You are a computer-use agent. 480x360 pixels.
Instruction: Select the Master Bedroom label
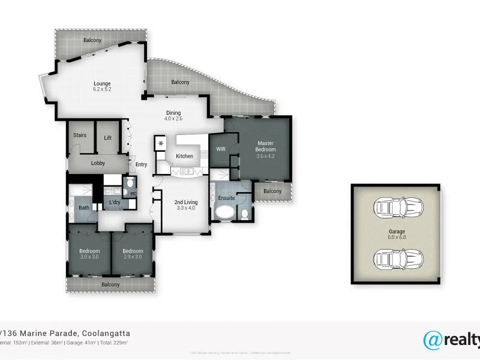(266, 146)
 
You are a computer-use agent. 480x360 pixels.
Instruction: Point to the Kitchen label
(184, 156)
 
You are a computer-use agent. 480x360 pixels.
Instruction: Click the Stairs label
(80, 136)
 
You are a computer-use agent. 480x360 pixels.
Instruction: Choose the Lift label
(108, 138)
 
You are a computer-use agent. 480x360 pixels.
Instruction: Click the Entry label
(141, 165)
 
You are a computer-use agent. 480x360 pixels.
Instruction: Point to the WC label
(133, 193)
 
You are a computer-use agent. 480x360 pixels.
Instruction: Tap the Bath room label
(84, 208)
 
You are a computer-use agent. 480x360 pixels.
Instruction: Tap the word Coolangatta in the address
(100, 333)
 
